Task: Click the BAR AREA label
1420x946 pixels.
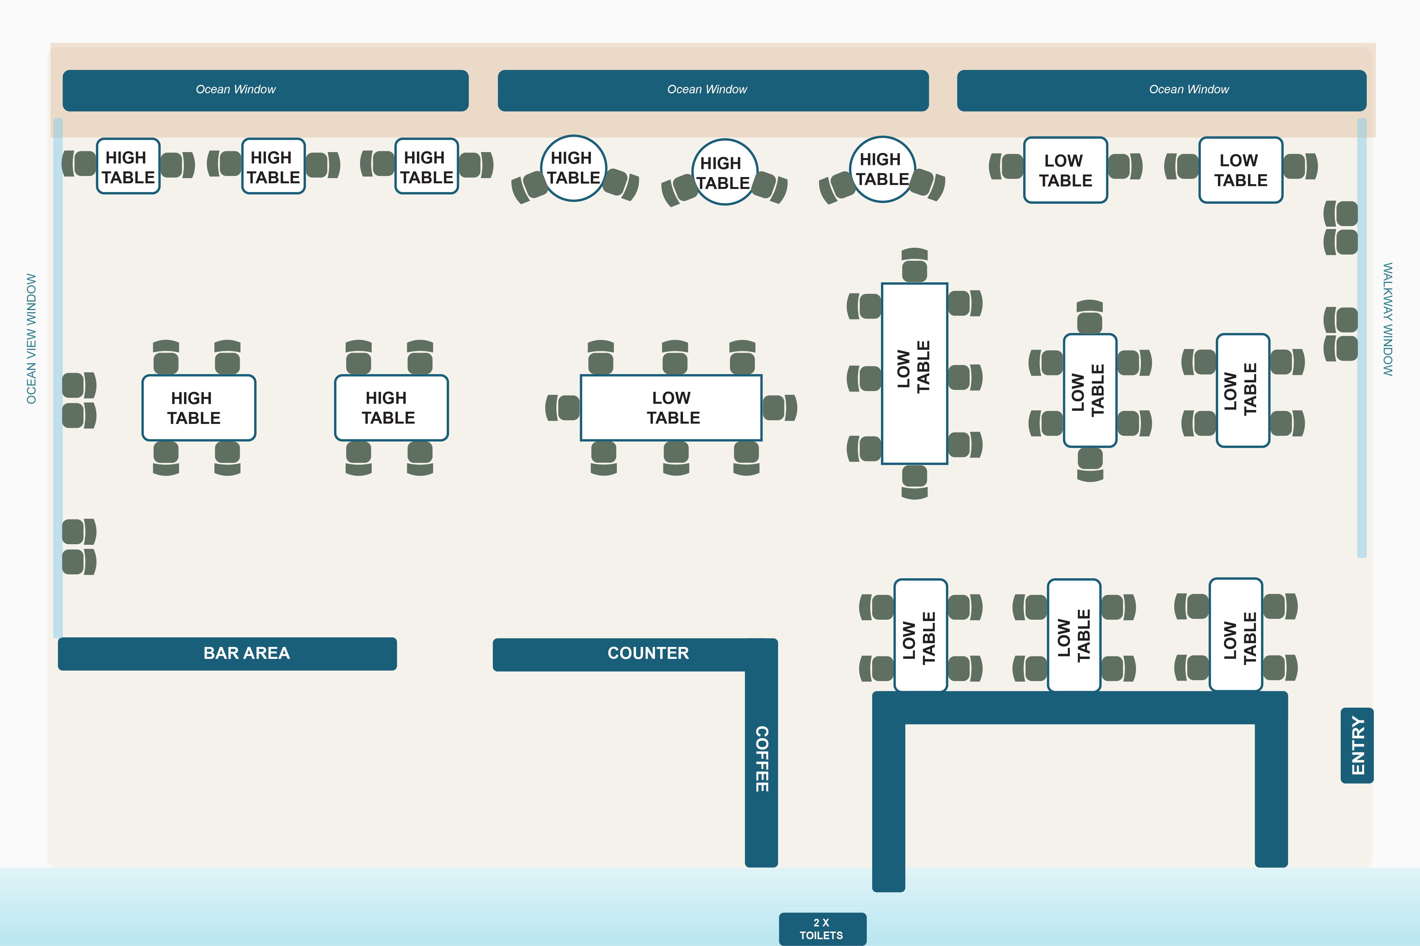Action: click(246, 653)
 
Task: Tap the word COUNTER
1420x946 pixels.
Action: click(648, 653)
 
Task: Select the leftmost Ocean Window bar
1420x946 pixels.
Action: click(266, 90)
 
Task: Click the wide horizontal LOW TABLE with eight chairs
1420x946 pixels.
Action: click(671, 408)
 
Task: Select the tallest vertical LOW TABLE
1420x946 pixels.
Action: click(914, 373)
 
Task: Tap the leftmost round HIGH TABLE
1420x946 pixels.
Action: click(573, 168)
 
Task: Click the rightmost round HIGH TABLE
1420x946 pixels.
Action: click(882, 169)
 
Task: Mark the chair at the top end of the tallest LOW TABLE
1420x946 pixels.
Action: click(914, 266)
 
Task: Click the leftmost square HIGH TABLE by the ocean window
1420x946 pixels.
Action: click(128, 167)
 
